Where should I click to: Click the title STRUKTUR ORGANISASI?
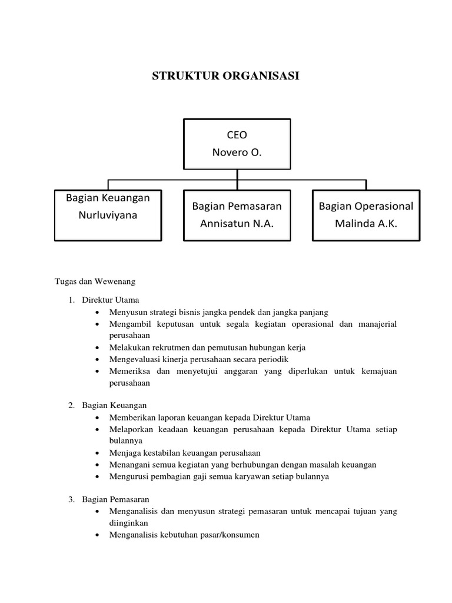(x=226, y=75)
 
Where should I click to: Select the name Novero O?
(x=237, y=153)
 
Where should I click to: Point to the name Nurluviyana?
(x=108, y=215)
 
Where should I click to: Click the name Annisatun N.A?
(x=237, y=224)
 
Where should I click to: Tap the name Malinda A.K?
(x=365, y=224)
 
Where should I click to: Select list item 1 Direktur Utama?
(x=111, y=300)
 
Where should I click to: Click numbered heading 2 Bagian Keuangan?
(x=114, y=405)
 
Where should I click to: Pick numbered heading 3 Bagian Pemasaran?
(x=115, y=499)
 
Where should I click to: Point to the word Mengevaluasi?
(x=133, y=359)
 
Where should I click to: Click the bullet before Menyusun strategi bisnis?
(x=97, y=312)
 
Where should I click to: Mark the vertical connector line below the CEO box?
(x=237, y=174)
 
